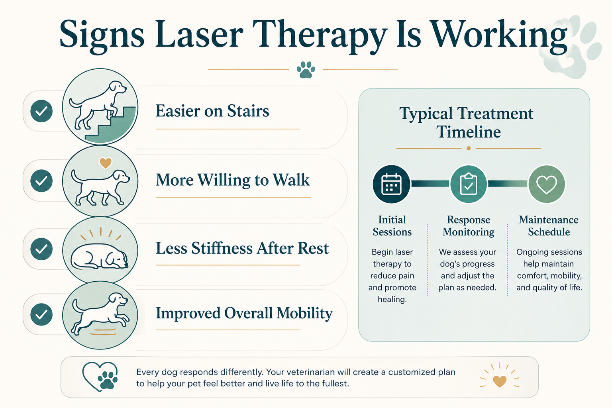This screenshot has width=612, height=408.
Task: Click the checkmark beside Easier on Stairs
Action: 41,111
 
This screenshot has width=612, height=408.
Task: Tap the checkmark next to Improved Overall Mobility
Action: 41,314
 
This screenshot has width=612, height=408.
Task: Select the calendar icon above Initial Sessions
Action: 391,184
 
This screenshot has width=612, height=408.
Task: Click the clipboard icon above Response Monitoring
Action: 469,184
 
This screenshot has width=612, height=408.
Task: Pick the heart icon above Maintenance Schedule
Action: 546,184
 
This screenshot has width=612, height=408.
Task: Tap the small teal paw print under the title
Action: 306,70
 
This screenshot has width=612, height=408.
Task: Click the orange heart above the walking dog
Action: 106,163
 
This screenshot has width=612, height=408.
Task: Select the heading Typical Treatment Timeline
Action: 467,122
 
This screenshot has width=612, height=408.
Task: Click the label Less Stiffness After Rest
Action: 242,248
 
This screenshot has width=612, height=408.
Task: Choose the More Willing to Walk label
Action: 233,180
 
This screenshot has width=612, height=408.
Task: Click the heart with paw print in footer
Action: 100,377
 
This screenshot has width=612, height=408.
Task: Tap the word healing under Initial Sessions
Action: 392,300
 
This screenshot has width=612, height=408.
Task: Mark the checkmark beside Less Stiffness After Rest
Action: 41,249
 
